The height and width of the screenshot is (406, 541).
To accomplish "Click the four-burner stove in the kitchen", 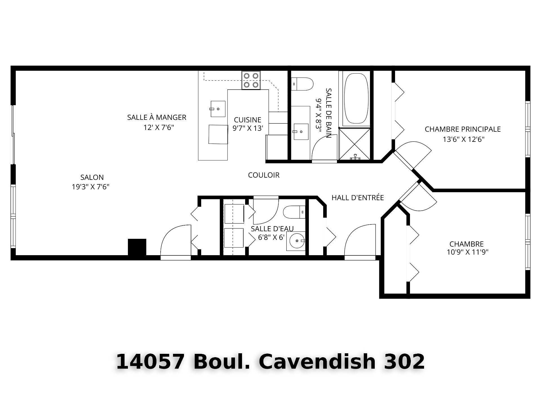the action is pyautogui.click(x=251, y=80).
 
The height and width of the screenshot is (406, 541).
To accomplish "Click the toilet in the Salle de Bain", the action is pyautogui.click(x=302, y=84).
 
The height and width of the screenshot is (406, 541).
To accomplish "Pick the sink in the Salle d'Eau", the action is pyautogui.click(x=296, y=241).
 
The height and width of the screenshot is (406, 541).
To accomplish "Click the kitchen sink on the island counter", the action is pyautogui.click(x=218, y=109).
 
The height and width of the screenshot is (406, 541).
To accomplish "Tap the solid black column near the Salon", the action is pyautogui.click(x=137, y=247).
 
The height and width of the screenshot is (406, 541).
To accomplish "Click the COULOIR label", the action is pyautogui.click(x=264, y=175).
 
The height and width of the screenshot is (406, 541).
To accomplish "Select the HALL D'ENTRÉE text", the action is pyautogui.click(x=358, y=198).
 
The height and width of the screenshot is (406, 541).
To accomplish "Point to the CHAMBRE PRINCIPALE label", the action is pyautogui.click(x=463, y=129).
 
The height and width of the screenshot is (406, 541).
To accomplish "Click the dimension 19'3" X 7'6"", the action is pyautogui.click(x=90, y=187).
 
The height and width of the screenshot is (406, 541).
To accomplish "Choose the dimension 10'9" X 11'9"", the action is pyautogui.click(x=467, y=252).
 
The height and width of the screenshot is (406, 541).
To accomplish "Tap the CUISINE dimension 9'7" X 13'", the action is pyautogui.click(x=248, y=128).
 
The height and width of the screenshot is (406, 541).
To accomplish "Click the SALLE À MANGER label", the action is pyautogui.click(x=157, y=117).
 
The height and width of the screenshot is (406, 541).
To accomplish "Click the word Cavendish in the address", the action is pyautogui.click(x=317, y=361).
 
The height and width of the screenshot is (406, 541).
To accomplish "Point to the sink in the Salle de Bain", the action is pyautogui.click(x=301, y=131).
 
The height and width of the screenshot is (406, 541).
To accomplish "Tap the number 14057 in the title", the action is pyautogui.click(x=150, y=361).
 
